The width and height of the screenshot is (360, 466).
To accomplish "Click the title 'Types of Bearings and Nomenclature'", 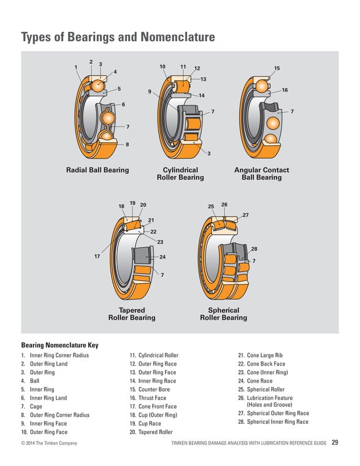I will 118,37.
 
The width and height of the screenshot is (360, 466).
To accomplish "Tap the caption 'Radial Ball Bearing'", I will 98,170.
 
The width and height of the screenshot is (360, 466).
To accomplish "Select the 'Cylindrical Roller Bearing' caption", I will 180,174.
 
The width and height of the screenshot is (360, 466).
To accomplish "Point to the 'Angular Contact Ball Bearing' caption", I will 261,174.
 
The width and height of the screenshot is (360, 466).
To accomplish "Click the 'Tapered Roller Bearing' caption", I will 131,314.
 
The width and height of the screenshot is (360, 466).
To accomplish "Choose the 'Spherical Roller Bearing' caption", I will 223,314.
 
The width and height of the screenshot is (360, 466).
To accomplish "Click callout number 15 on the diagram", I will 276,68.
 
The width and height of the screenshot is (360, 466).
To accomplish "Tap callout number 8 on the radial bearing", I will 128,144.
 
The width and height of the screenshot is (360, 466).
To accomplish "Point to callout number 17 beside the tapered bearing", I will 96,256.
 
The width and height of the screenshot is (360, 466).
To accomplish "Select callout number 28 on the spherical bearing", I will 254,249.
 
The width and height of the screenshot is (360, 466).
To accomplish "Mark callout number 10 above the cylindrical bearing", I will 163,67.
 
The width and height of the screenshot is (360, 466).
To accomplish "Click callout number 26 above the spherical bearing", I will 224,204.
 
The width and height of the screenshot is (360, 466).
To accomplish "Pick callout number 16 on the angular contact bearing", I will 285,90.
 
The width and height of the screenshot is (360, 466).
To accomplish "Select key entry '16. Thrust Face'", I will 148,398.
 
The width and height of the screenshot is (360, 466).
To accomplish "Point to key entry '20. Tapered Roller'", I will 152,432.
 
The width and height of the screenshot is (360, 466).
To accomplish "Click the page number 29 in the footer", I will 335,442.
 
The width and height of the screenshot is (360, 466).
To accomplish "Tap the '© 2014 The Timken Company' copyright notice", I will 49,443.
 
